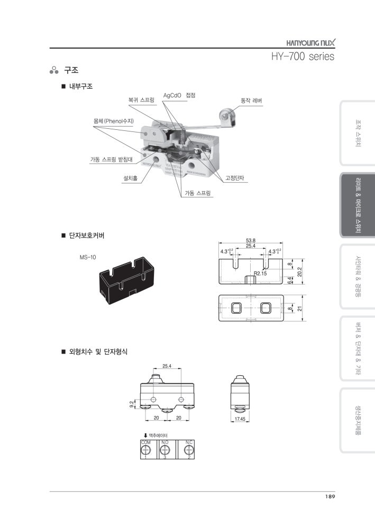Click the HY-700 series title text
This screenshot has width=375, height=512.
[302, 56]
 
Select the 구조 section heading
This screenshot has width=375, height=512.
[71, 70]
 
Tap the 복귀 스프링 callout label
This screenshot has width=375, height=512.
[141, 99]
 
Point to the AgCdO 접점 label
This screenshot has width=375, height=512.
[179, 95]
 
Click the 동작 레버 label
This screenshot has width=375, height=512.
[251, 100]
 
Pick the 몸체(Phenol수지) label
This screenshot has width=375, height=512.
[114, 121]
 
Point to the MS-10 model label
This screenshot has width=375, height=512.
[88, 257]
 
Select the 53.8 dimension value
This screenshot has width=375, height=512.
[250, 240]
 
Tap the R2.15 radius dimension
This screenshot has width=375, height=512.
[260, 273]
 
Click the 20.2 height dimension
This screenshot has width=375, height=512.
[300, 271]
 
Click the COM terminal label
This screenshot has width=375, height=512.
[145, 441]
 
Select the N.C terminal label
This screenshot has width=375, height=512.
[189, 441]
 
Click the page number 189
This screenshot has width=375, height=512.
[330, 496]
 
